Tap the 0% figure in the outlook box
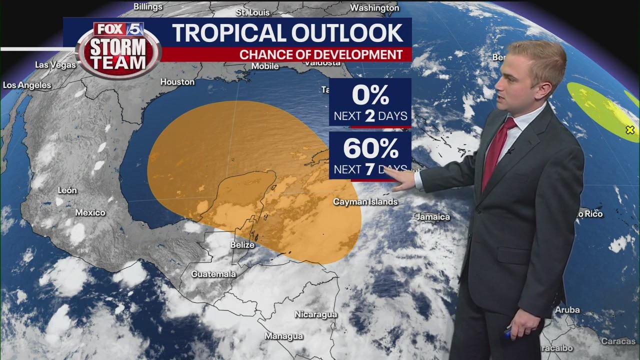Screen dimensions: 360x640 [370, 95]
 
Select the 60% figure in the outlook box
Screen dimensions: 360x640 [370, 148]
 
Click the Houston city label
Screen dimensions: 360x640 [177, 81]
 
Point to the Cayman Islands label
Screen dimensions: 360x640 [365, 202]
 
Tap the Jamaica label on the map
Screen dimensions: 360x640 [432, 217]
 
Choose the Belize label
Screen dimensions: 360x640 [242, 245]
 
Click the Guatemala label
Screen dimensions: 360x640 [213, 274]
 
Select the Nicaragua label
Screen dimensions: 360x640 [315, 314]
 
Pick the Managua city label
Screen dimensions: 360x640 [284, 336]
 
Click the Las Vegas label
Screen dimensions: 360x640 [55, 65]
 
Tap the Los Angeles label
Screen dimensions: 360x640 [27, 85]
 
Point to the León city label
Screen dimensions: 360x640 [67, 190]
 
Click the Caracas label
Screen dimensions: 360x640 [618, 341]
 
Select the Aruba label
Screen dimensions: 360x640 [567, 310]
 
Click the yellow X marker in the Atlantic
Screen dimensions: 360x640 [630, 130]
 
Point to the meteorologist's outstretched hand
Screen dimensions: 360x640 [400, 179]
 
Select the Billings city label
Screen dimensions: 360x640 [148, 6]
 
